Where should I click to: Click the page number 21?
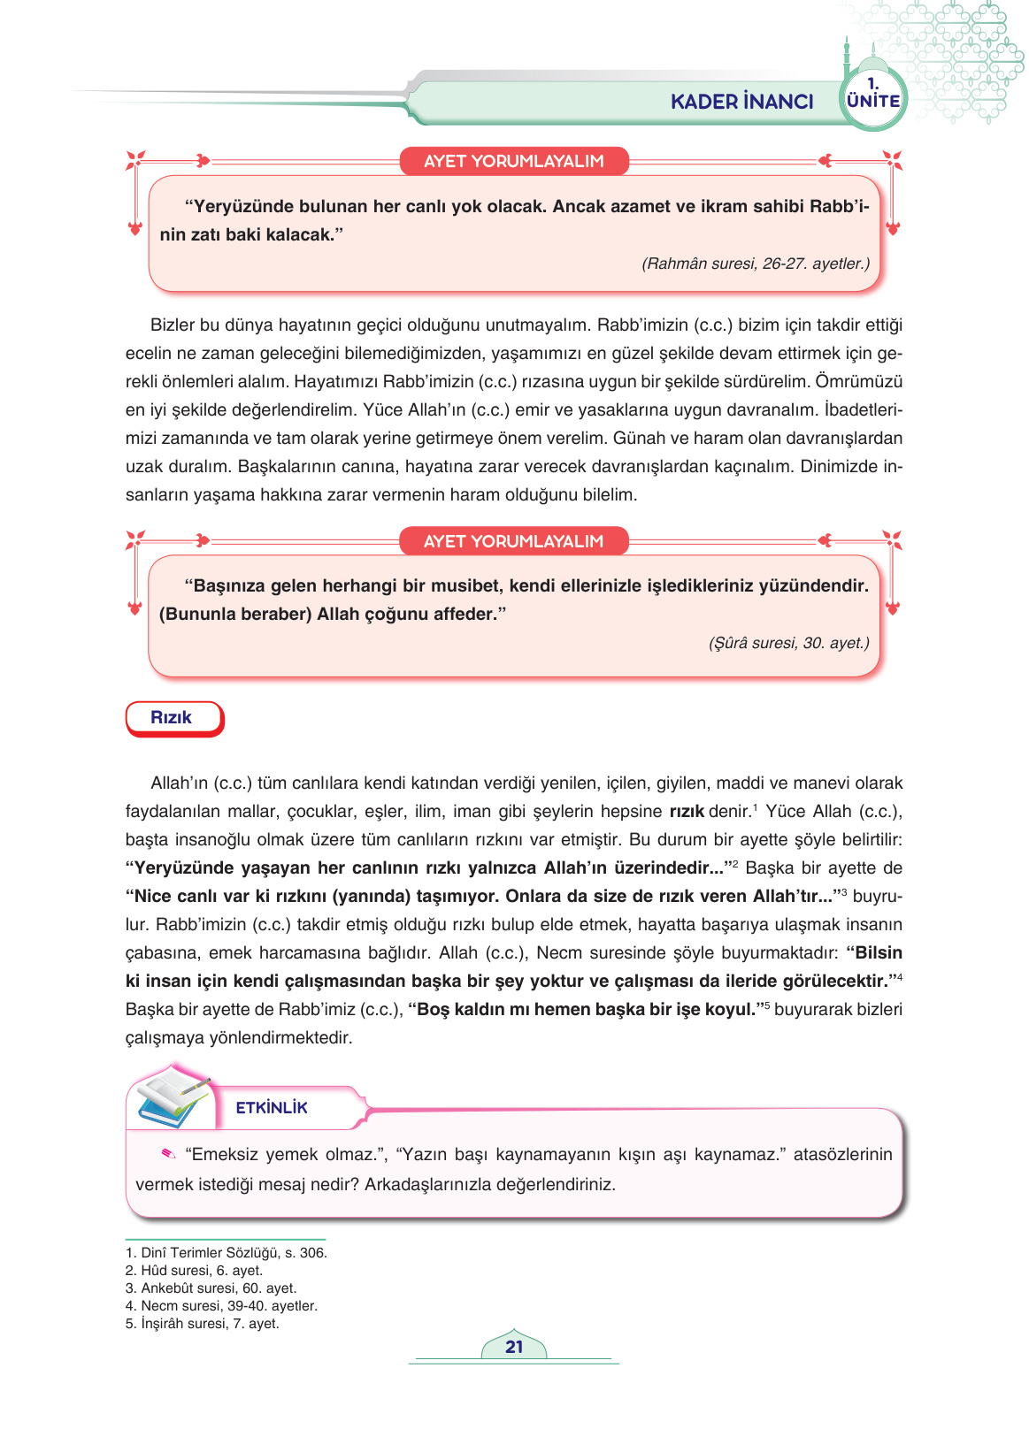(x=514, y=1347)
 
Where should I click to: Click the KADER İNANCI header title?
(x=741, y=102)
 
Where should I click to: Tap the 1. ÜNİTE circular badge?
(x=872, y=96)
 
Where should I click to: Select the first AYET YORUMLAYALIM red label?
(x=513, y=161)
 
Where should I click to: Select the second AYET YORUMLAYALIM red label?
(x=513, y=541)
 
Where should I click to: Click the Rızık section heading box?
(x=173, y=718)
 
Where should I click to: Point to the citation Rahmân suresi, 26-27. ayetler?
(x=755, y=264)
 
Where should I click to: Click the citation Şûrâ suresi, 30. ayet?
(x=788, y=643)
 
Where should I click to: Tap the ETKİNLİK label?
(x=272, y=1108)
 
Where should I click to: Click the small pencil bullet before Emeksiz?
(x=168, y=1153)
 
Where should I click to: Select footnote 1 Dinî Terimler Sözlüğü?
(x=227, y=1253)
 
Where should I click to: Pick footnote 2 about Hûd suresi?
(x=195, y=1271)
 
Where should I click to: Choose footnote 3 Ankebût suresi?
(x=211, y=1288)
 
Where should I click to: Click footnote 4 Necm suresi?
(x=221, y=1306)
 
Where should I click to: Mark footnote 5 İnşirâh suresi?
(x=203, y=1324)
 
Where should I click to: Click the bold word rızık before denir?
(x=686, y=812)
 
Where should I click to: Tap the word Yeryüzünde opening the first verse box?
(x=239, y=207)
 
